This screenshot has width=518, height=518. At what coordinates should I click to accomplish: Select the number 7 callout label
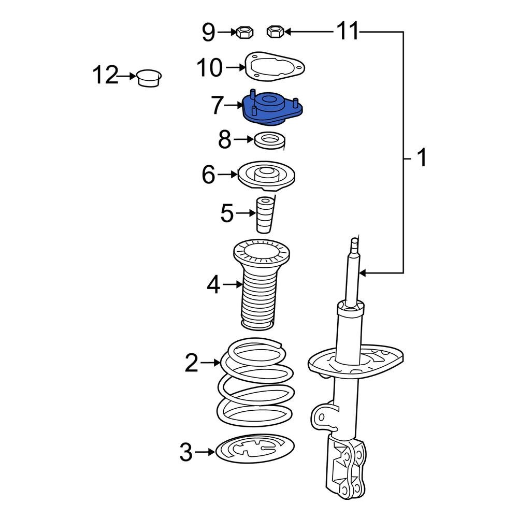tap(218, 106)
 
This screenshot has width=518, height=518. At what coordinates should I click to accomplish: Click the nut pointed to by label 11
tap(275, 32)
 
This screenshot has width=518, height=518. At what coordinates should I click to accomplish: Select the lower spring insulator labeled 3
tap(254, 449)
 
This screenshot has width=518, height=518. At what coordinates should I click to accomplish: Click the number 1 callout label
tap(422, 157)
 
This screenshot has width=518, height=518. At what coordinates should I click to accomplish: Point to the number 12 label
tap(105, 76)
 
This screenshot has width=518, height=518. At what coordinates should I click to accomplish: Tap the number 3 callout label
tap(185, 452)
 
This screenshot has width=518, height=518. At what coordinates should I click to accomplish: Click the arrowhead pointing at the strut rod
tap(364, 272)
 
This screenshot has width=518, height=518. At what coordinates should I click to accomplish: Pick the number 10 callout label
tap(209, 67)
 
